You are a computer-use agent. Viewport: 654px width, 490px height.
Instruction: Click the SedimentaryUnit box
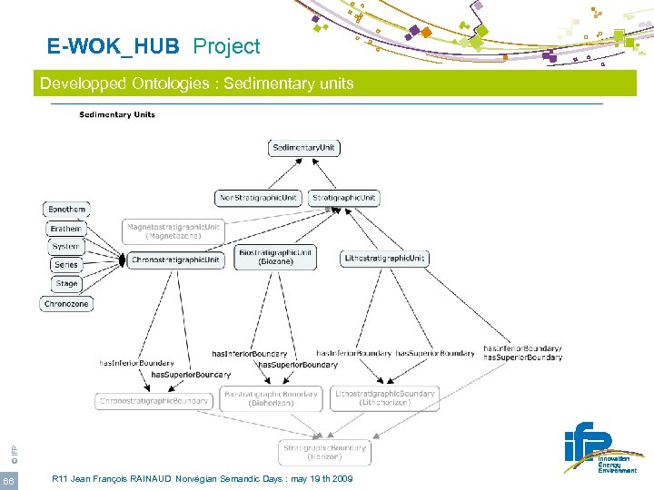304,148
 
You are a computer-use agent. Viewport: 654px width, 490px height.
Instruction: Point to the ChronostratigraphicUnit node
174,260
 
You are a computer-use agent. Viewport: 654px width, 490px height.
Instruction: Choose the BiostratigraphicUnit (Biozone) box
275,257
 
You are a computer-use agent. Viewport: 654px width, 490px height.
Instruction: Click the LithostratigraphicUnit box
384,259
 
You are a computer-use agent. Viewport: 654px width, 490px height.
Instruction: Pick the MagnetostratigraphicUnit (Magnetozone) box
173,231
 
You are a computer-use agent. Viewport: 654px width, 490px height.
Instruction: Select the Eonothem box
67,210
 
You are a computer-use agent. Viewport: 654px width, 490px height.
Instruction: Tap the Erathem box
66,229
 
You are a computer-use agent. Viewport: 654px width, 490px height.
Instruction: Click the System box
65,247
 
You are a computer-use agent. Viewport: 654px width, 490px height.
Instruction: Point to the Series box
66,265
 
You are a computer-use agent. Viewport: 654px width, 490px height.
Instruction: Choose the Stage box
66,284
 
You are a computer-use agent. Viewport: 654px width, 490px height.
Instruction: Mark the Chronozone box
66,305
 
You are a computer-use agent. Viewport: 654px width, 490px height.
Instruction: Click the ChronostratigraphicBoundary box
154,400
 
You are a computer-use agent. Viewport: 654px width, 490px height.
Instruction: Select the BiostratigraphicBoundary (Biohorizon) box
272,398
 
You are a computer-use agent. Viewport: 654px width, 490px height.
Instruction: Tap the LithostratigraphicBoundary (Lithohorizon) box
384,398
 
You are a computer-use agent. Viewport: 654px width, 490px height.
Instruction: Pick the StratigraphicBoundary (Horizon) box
324,452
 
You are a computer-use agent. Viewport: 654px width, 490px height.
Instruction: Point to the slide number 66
8,479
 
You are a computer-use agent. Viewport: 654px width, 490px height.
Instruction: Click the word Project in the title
226,46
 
